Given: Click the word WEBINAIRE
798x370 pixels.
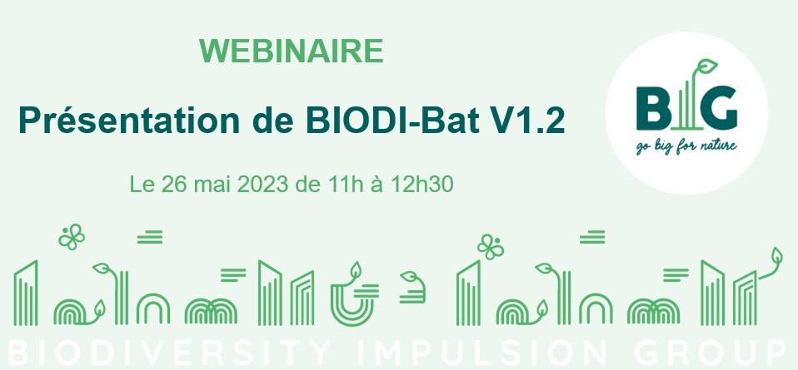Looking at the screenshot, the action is click(292, 51).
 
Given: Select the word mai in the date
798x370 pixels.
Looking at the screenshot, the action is click(212, 185).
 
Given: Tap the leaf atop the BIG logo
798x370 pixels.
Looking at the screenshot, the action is click(706, 66).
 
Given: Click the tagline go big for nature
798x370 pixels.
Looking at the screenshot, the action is click(686, 147).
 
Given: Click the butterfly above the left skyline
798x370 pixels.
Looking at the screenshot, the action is click(72, 236).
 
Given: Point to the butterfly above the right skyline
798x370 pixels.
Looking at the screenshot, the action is click(491, 246).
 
